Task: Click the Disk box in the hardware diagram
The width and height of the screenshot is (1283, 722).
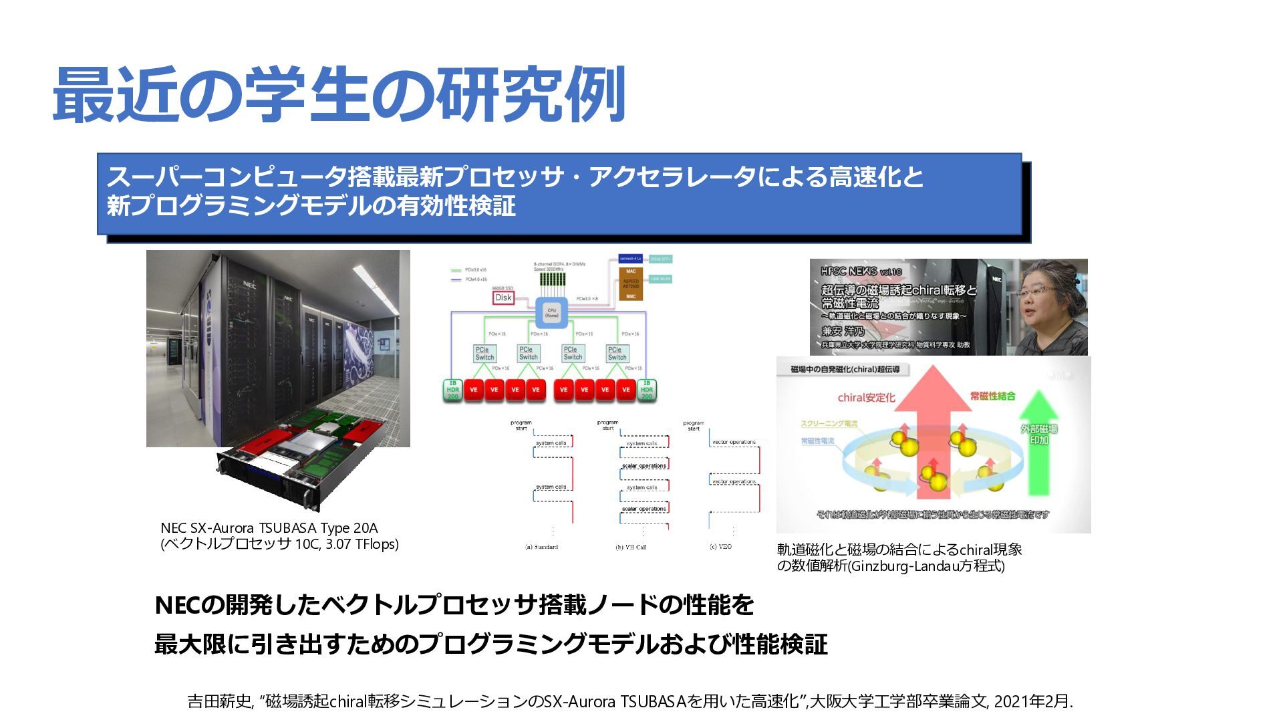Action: (503, 297)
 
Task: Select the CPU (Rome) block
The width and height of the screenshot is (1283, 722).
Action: (551, 313)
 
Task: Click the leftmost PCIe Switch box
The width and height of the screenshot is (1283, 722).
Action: (484, 354)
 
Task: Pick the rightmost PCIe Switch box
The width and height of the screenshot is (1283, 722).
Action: (617, 354)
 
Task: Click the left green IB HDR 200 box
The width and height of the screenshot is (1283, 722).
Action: (452, 390)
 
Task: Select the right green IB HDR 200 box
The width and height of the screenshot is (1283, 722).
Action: (647, 390)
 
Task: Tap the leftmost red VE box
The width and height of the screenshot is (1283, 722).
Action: (473, 390)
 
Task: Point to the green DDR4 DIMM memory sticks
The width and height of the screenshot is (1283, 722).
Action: (552, 279)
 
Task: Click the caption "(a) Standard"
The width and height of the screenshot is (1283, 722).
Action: (541, 547)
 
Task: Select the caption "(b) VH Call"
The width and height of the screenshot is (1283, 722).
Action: (631, 547)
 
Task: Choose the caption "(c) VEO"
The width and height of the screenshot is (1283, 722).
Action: (720, 547)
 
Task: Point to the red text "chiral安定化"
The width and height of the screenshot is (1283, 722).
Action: (866, 398)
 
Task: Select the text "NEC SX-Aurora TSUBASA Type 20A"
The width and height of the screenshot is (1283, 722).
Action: (269, 528)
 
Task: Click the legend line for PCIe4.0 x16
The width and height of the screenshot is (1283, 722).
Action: (457, 279)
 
